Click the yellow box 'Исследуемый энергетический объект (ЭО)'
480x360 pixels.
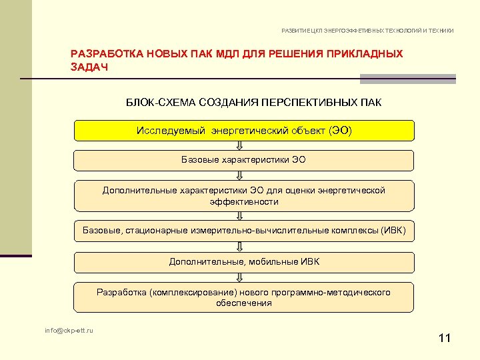pos(243,130)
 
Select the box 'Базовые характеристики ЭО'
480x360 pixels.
pos(243,160)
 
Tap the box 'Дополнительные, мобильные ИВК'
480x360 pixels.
pos(243,261)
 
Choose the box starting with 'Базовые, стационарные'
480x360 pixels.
pos(243,231)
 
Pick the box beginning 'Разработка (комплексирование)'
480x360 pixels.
pos(243,297)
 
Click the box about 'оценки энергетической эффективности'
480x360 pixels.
pos(243,196)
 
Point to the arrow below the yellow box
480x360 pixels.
pos(243,145)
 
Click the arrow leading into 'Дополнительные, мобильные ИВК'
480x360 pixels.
pos(243,246)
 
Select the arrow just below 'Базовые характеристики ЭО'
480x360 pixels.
pos(243,175)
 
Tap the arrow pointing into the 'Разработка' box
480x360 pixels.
pos(243,277)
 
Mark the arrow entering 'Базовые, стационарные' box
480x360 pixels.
pos(243,215)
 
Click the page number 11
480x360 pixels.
pos(445,339)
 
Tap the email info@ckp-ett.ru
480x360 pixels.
pos(69,330)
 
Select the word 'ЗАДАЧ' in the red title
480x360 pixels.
pos(89,67)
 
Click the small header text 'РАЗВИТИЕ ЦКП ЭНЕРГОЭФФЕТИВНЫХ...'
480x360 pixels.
pos(367,31)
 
